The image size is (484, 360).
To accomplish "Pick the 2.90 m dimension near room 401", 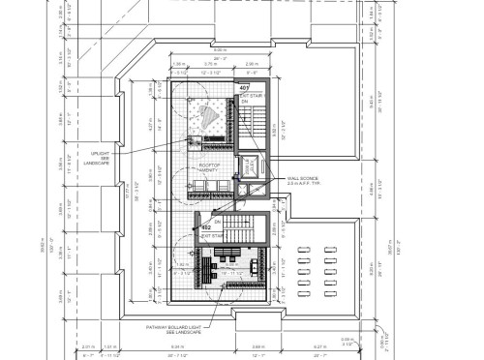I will pyautogui.click(x=253, y=63).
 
